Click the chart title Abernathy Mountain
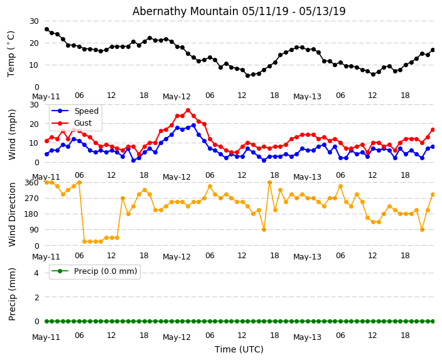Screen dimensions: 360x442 [x=239, y=11]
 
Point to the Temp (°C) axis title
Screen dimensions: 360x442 [x=11, y=53]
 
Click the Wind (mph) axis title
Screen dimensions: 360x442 [x=12, y=134]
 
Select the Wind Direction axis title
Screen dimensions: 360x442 [x=12, y=214]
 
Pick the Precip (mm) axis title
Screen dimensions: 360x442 [x=12, y=293]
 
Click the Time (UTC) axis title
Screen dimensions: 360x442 [x=239, y=349]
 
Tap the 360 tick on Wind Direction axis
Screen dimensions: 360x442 [x=31, y=182]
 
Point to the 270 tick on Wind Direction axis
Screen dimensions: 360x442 [x=31, y=198]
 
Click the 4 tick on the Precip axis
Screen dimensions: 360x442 [x=35, y=273]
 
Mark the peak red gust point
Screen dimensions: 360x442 [x=188, y=111]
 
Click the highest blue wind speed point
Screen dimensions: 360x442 [x=193, y=125]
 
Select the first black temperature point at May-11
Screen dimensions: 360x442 [x=46, y=29]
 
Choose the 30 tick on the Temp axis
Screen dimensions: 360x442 [x=34, y=21]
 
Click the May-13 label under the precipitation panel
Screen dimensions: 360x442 [x=307, y=337]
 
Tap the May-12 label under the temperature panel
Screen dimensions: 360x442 [x=176, y=97]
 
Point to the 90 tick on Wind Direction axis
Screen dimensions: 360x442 [x=34, y=230]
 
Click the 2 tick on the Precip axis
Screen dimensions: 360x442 [x=35, y=297]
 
